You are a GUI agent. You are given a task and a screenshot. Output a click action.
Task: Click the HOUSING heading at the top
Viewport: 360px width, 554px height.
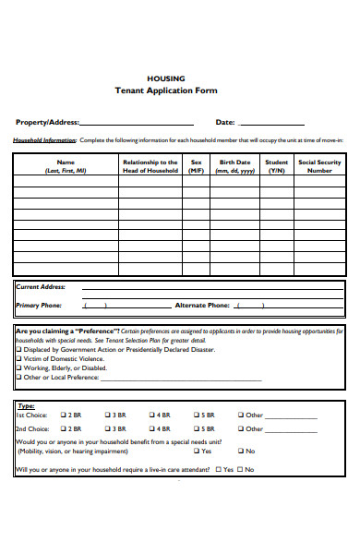click(166, 78)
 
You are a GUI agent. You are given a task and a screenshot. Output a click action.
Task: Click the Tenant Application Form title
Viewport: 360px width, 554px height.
click(166, 91)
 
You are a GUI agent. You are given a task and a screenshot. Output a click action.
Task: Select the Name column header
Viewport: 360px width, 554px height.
click(65, 166)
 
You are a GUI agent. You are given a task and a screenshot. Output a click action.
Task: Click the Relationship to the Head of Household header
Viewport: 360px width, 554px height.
click(150, 166)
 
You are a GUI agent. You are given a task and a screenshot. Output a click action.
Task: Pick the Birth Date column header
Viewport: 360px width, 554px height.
click(234, 166)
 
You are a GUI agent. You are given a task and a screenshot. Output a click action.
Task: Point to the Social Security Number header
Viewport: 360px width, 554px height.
click(319, 166)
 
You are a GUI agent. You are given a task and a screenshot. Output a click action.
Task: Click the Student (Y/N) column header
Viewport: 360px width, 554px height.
click(276, 166)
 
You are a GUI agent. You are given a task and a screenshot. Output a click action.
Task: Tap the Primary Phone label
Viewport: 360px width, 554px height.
click(40, 305)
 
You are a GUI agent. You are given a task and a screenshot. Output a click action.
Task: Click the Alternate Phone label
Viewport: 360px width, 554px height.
click(201, 305)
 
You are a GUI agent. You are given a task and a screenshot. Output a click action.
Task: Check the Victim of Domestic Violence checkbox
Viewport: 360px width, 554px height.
click(19, 359)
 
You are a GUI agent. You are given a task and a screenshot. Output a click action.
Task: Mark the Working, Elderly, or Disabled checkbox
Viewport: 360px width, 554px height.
click(19, 368)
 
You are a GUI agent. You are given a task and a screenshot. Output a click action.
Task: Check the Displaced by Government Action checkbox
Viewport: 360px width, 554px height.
click(19, 350)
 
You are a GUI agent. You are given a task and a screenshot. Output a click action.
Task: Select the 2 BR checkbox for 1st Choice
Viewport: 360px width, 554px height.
click(63, 415)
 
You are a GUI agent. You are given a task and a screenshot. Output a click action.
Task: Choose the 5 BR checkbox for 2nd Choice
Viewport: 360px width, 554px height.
click(196, 428)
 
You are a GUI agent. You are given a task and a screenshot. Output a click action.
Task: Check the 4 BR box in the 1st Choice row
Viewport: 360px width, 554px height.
click(151, 415)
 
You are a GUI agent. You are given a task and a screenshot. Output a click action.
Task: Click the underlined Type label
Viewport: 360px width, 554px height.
click(26, 405)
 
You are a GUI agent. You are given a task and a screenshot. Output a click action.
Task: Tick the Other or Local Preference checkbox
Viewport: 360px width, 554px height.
click(19, 378)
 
